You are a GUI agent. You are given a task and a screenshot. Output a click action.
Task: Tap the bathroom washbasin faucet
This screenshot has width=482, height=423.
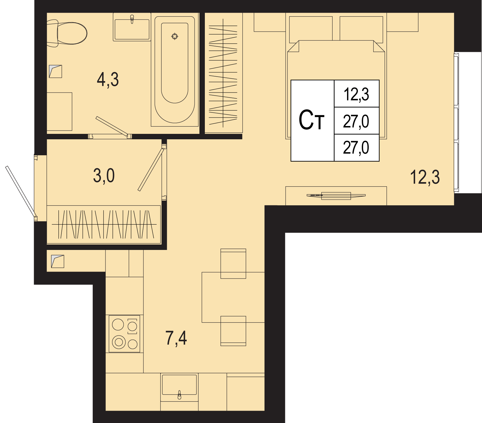coord(132,19)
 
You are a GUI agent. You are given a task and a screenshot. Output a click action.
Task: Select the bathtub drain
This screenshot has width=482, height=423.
coord(175,36)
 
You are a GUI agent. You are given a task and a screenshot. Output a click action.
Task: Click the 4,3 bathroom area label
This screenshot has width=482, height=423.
coord(108,80)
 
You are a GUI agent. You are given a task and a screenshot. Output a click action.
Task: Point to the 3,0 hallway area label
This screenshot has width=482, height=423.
coord(104,176)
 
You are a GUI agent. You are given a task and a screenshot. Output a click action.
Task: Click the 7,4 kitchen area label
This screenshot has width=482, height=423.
coord(176,338)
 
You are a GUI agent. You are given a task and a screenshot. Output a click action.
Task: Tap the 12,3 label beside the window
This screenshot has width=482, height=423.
coord(425,177)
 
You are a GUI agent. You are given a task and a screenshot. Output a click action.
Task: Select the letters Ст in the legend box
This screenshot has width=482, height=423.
coord(311,120)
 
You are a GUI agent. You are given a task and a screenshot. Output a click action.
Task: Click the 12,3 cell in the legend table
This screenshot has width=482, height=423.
coord(357,94)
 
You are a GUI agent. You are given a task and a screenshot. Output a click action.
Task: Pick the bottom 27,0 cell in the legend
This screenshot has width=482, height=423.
coord(357,148)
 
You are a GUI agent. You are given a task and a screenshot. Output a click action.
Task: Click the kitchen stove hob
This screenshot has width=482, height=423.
coord(124,334)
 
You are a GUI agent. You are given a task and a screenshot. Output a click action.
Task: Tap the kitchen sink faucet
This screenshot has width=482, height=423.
coord(180,395)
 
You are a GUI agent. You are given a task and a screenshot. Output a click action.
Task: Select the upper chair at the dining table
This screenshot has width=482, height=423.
coord(233,264)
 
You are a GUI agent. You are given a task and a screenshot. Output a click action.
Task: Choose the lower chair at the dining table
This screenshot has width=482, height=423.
coord(233,331)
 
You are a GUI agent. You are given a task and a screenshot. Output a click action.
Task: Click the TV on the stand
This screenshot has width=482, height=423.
coord(336,196)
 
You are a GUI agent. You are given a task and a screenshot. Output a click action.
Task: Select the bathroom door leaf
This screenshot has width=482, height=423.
coord(112,125)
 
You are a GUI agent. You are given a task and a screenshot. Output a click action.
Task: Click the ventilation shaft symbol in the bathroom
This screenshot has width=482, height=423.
coord(55,71)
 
